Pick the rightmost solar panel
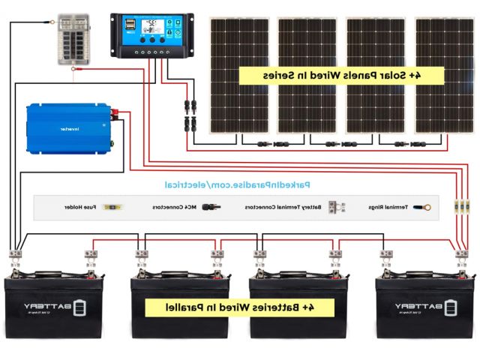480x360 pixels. [x=445, y=75]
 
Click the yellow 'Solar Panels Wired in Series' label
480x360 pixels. [x=341, y=76]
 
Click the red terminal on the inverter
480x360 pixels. [x=118, y=113]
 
